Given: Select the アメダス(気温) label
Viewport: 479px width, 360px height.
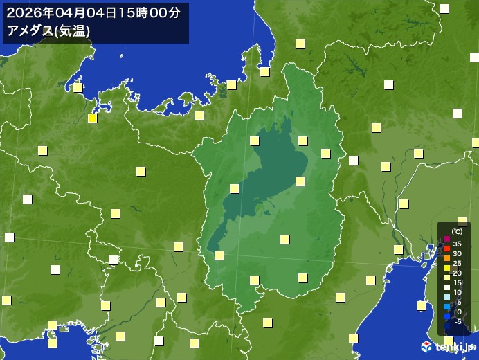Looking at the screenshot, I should [47, 30].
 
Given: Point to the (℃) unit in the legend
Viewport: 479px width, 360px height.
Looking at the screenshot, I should [457, 232].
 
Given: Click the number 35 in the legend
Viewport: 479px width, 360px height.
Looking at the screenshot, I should [457, 244].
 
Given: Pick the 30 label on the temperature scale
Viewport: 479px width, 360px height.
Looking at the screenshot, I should [457, 253].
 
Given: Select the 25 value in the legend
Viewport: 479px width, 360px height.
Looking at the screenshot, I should [457, 263].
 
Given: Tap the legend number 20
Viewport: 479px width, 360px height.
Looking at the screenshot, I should [457, 273].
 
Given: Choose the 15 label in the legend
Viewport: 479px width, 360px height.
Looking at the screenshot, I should [457, 282].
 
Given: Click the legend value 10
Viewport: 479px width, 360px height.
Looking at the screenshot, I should [457, 292].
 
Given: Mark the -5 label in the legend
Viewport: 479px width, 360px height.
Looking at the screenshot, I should [457, 321].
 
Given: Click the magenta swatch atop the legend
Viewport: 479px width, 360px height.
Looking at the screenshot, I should [447, 240].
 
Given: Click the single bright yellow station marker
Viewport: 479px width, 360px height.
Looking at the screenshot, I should [92, 118].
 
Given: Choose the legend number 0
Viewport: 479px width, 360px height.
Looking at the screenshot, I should [458, 312].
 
